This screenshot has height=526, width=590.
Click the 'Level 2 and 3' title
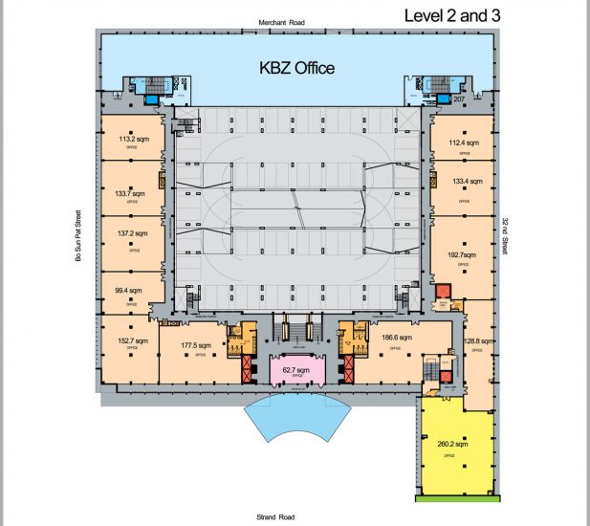point(452,15)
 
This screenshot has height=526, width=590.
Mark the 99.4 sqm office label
point(127,290)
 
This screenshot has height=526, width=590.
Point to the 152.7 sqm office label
point(132,340)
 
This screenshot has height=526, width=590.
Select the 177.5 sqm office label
point(195,346)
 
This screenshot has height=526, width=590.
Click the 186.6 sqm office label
point(395,338)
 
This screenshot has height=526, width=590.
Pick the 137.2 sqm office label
point(131,233)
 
